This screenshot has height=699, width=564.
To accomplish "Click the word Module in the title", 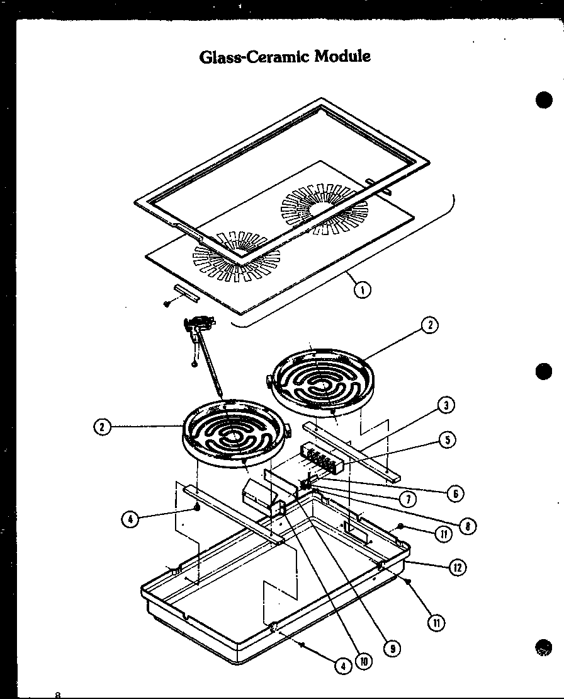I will point(342,56).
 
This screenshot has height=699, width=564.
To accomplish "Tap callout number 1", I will point(362,289).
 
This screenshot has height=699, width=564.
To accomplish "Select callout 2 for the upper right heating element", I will point(429,325).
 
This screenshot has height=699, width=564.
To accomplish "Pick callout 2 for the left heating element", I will point(101,427).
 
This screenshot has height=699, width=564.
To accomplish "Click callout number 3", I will point(446,405).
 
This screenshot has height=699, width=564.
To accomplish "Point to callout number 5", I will point(448,439).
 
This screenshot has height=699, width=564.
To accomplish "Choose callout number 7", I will point(407,499).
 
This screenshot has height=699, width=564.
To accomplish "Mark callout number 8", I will point(467,524).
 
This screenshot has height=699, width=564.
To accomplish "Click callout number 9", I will point(392,647).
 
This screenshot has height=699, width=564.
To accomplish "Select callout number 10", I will point(363,661).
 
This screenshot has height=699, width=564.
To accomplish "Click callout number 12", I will point(457,567).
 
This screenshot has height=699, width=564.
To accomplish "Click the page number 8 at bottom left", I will point(58,695).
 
